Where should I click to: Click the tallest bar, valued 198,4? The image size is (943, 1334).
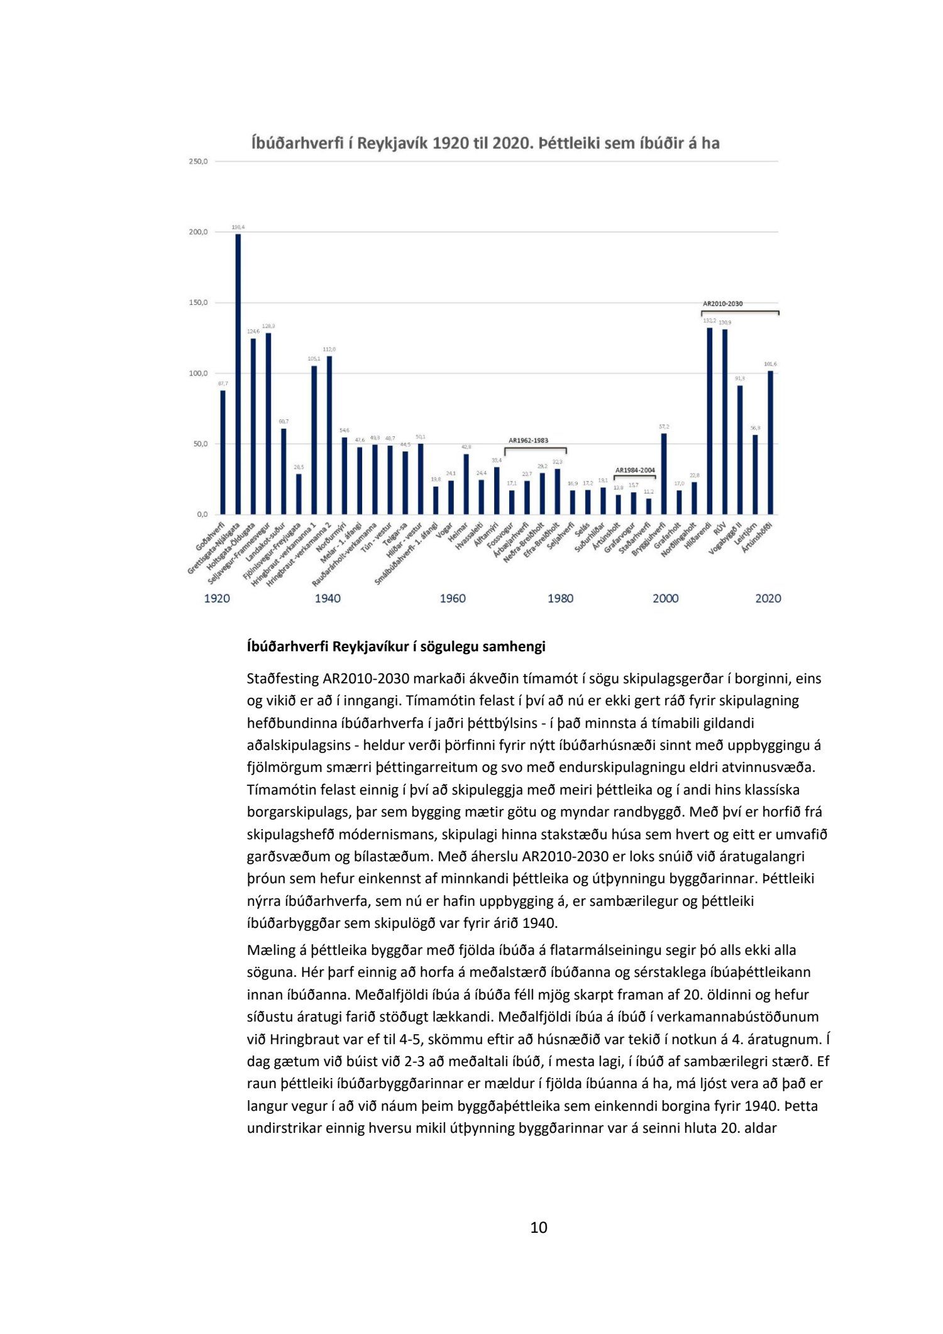coord(238,374)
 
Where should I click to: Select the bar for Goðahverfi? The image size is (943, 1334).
coord(223,452)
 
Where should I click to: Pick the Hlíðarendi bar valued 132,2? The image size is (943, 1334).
coord(710,421)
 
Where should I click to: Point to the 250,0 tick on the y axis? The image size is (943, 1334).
coord(198,162)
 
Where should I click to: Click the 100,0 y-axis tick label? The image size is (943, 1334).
coord(198,373)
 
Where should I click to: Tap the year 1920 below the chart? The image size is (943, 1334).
coord(217,598)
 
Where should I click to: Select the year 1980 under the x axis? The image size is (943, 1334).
coord(560,598)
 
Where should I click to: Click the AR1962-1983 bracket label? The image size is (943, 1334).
coord(528,441)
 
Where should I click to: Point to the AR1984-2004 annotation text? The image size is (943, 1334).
coord(635,470)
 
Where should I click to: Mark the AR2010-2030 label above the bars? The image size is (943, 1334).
coord(722,304)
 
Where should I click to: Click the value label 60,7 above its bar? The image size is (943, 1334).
coord(284,421)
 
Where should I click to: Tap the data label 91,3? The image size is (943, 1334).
coord(740,378)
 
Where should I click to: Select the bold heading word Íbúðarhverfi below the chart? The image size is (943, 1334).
coord(287,646)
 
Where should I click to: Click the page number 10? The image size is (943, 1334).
coord(539,1227)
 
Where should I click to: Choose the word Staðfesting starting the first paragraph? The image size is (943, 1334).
coord(283,679)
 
